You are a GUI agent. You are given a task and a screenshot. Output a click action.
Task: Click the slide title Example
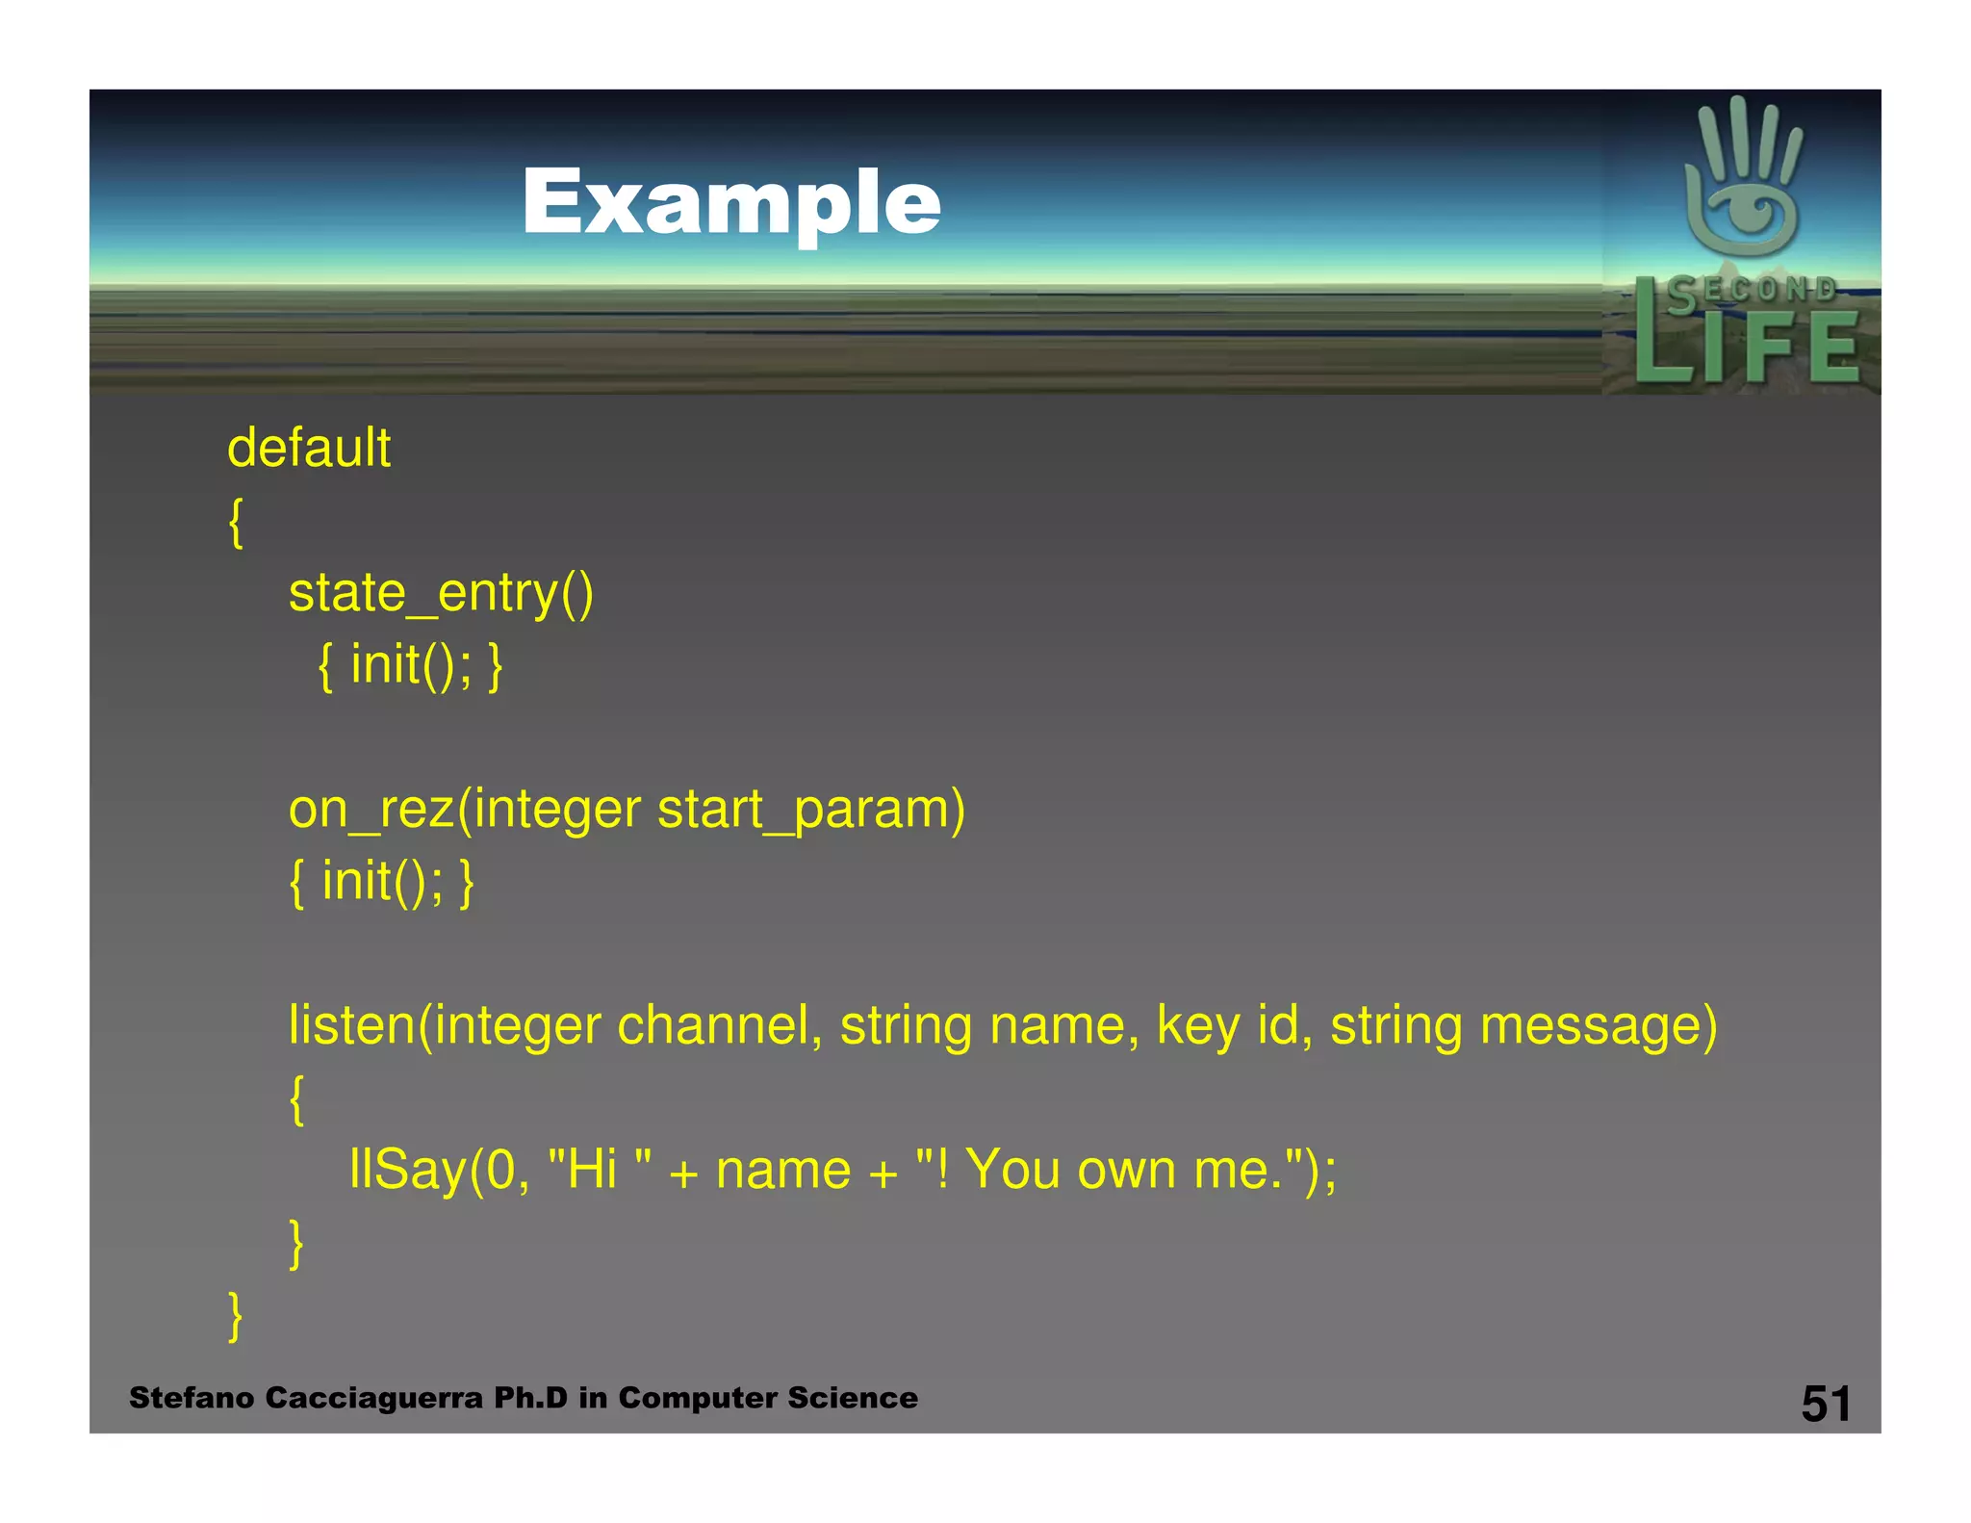pos(731,202)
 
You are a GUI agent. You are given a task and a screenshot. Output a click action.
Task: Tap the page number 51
pos(1826,1404)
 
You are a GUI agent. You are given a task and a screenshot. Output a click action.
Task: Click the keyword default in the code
pos(309,449)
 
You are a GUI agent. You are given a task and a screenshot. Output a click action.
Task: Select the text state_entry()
pos(441,593)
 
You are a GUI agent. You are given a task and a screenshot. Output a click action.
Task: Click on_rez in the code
pos(371,809)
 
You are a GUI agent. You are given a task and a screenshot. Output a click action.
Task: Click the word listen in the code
pos(351,1025)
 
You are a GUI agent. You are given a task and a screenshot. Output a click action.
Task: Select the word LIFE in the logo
pos(1747,347)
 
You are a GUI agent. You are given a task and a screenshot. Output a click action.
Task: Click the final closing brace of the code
pos(235,1316)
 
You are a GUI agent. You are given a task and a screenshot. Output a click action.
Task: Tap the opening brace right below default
pos(236,522)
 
